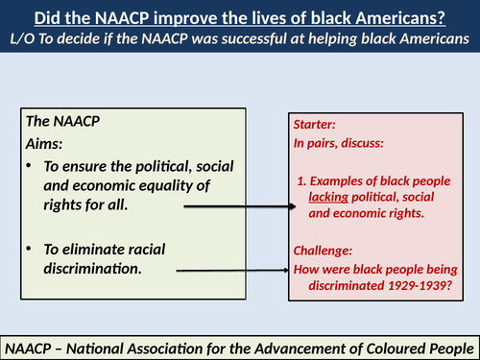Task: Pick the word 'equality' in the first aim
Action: pos(181,185)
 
